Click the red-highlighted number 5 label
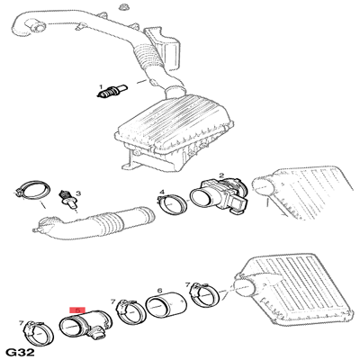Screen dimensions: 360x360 tap(77, 310)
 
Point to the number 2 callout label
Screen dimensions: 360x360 tap(221, 175)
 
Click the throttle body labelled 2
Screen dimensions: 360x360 tap(219, 196)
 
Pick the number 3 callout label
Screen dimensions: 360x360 tap(77, 193)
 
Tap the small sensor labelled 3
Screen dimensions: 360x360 tap(68, 199)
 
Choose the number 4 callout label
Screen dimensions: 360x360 tap(162, 192)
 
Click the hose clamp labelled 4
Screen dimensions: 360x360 tap(173, 204)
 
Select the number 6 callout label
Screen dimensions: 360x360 tap(159, 291)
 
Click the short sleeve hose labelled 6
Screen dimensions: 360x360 tap(166, 306)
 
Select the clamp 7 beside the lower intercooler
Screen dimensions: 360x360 tap(206, 294)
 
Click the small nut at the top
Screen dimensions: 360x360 tap(122, 6)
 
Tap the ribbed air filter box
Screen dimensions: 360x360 tap(174, 133)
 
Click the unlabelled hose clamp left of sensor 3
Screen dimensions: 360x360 tap(32, 190)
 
